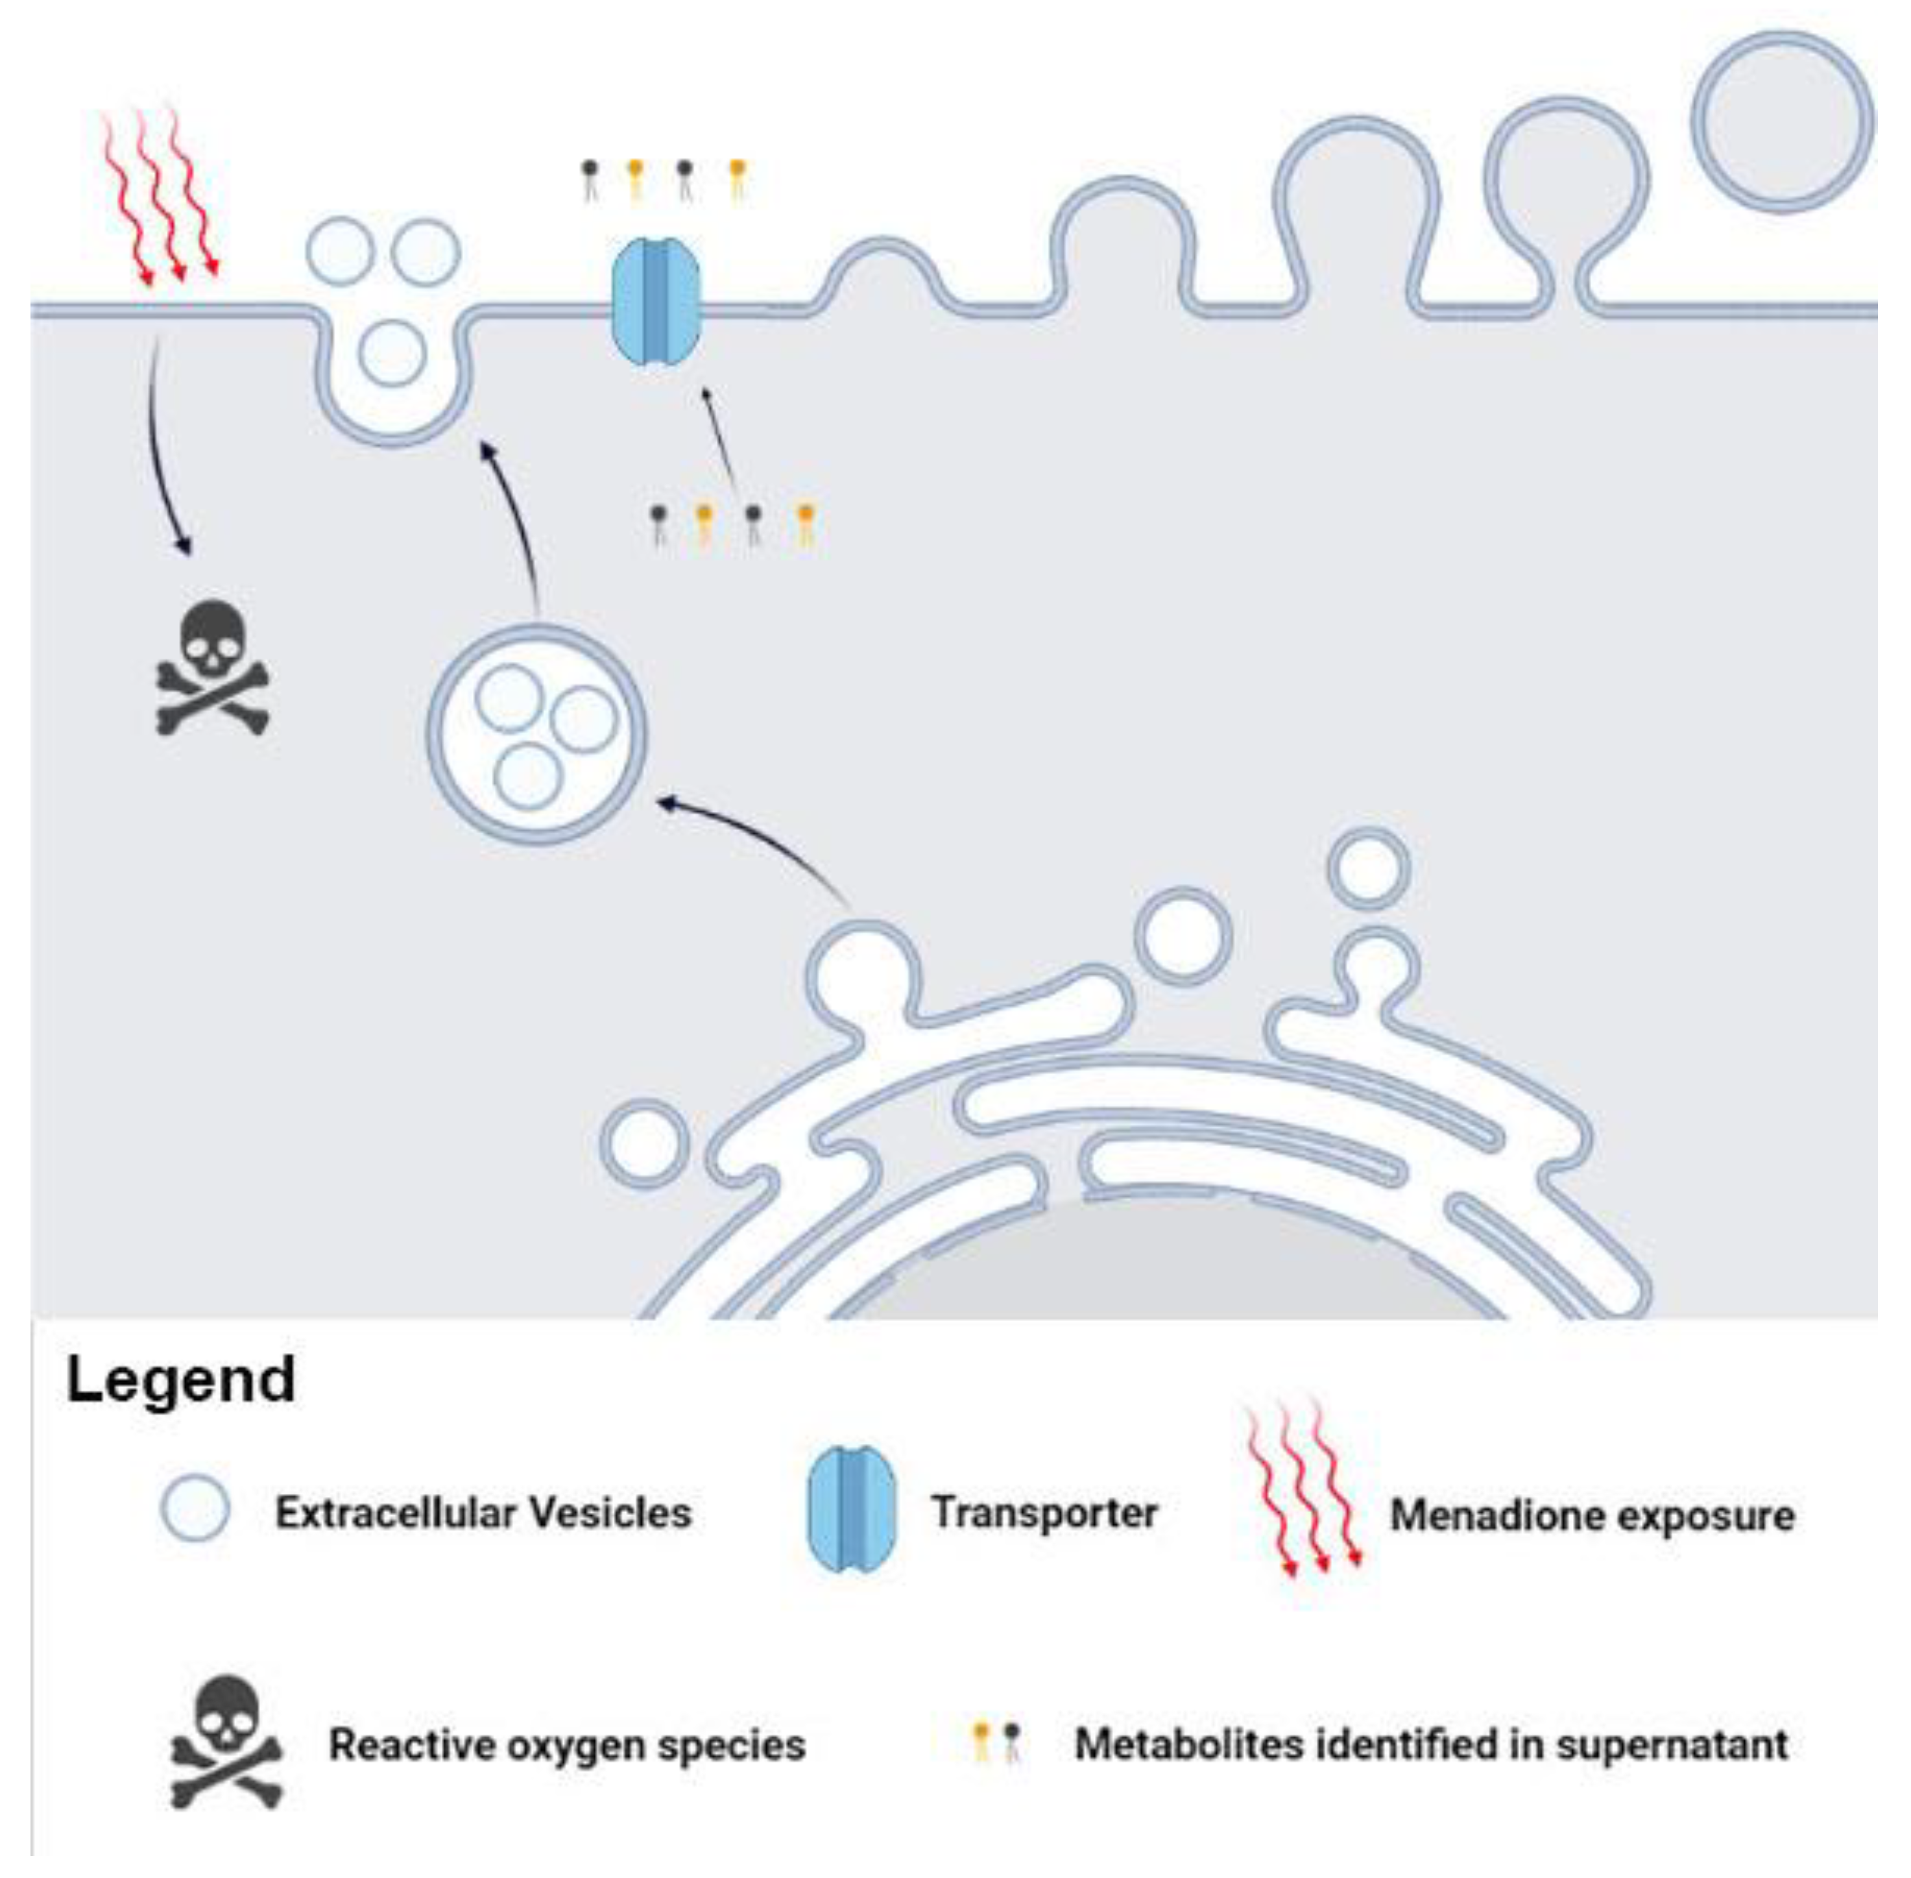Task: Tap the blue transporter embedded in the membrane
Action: [x=656, y=302]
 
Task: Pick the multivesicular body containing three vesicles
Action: [x=536, y=734]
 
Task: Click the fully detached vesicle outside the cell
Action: [x=1783, y=121]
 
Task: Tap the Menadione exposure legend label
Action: [x=1591, y=1515]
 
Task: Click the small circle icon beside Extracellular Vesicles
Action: [x=195, y=1509]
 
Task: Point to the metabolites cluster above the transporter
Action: [x=663, y=180]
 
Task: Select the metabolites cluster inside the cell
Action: [x=732, y=524]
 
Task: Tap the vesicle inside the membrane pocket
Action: [x=392, y=352]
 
